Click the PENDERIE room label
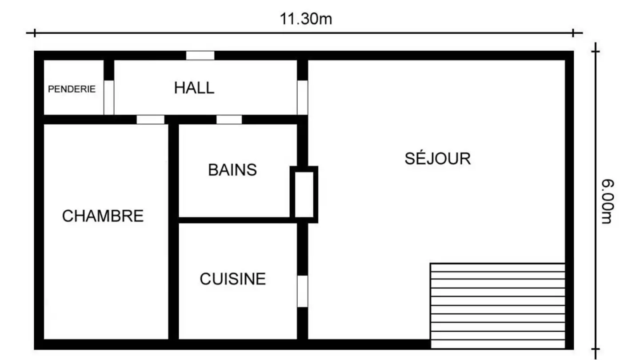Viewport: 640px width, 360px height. coord(72,89)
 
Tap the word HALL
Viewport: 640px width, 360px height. coord(194,88)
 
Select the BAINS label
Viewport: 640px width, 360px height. coord(232,170)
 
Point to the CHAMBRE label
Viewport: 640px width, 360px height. coord(103,216)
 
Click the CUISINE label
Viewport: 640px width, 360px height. coord(232,279)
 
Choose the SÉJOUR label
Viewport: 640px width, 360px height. coord(437,159)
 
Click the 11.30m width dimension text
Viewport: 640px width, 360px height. coord(306,19)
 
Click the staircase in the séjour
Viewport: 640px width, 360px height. coord(497,306)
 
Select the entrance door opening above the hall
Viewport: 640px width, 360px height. coord(200,56)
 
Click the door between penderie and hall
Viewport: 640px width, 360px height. coord(109,97)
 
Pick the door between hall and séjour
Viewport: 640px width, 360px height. coord(302,97)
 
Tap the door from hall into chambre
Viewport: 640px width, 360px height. coord(150,120)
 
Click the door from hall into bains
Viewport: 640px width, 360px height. coord(229,120)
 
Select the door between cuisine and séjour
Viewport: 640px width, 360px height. coord(302,291)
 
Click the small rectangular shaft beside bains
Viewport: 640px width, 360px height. coord(304,194)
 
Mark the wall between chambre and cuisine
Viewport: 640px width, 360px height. coord(173,280)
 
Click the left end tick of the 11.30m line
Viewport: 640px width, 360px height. coord(34,32)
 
